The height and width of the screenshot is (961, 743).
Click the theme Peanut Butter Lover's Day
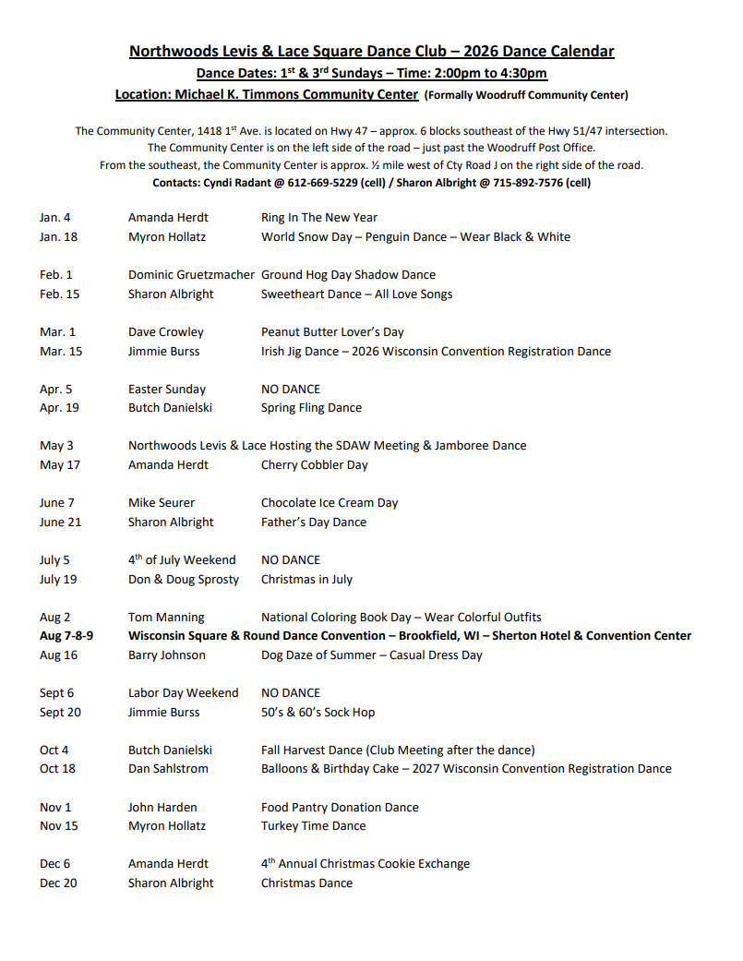tap(332, 332)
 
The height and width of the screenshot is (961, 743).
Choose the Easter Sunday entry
tap(167, 390)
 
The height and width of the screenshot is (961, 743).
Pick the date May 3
tap(56, 446)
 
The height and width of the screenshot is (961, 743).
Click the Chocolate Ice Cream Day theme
tap(330, 503)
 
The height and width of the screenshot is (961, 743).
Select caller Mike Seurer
tap(162, 503)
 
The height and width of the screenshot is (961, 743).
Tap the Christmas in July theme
tap(306, 580)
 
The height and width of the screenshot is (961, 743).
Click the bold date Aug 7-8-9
tap(66, 636)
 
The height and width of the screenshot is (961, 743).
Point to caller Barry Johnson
tap(167, 655)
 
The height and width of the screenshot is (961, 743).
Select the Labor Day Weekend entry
tap(183, 693)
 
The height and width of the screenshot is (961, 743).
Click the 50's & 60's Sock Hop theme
tap(318, 713)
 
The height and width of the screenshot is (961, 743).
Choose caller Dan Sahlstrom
tap(168, 769)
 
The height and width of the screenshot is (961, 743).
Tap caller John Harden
tap(162, 808)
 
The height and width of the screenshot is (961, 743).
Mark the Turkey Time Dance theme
tap(313, 826)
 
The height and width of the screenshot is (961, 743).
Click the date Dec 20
tap(58, 883)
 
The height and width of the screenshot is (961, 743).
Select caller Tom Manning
tap(166, 618)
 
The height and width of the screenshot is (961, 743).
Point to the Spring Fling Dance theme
tap(311, 408)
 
